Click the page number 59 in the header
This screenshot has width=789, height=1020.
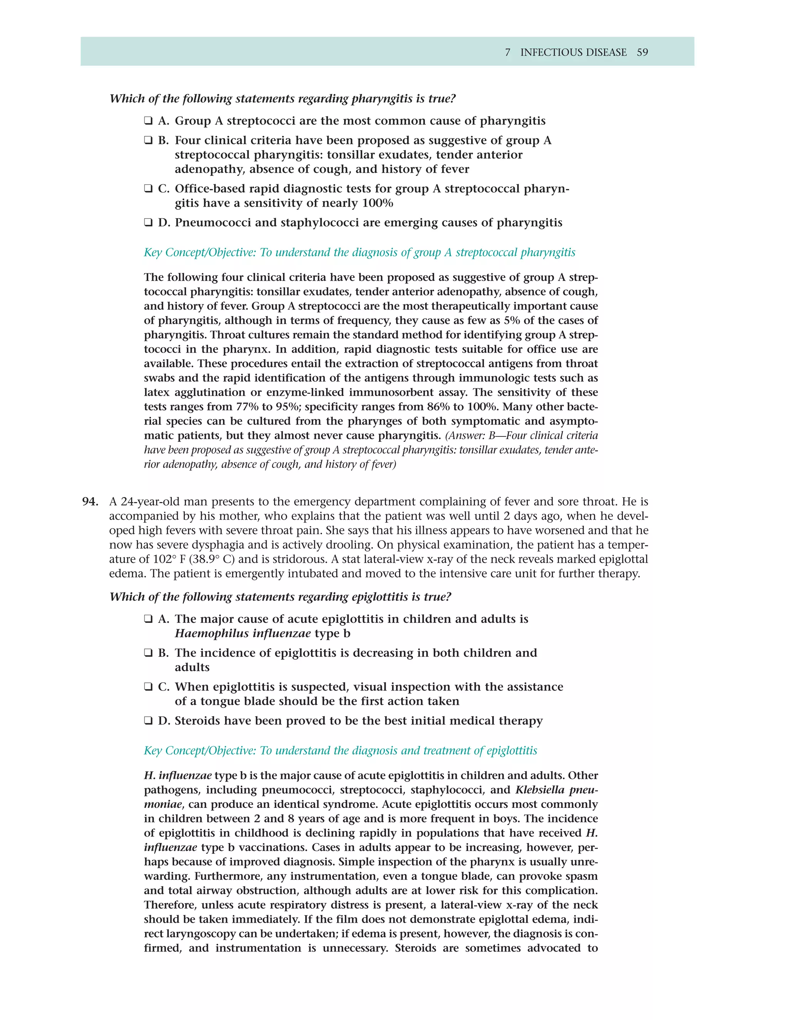[x=642, y=52]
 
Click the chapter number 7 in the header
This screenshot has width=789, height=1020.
[x=508, y=52]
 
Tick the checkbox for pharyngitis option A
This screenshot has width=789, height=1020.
[x=148, y=121]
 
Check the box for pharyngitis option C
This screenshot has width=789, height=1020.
[x=148, y=189]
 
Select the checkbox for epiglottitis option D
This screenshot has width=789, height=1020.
[x=148, y=721]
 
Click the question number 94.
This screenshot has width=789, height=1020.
[x=90, y=502]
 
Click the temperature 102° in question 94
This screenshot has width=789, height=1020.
[x=165, y=559]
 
